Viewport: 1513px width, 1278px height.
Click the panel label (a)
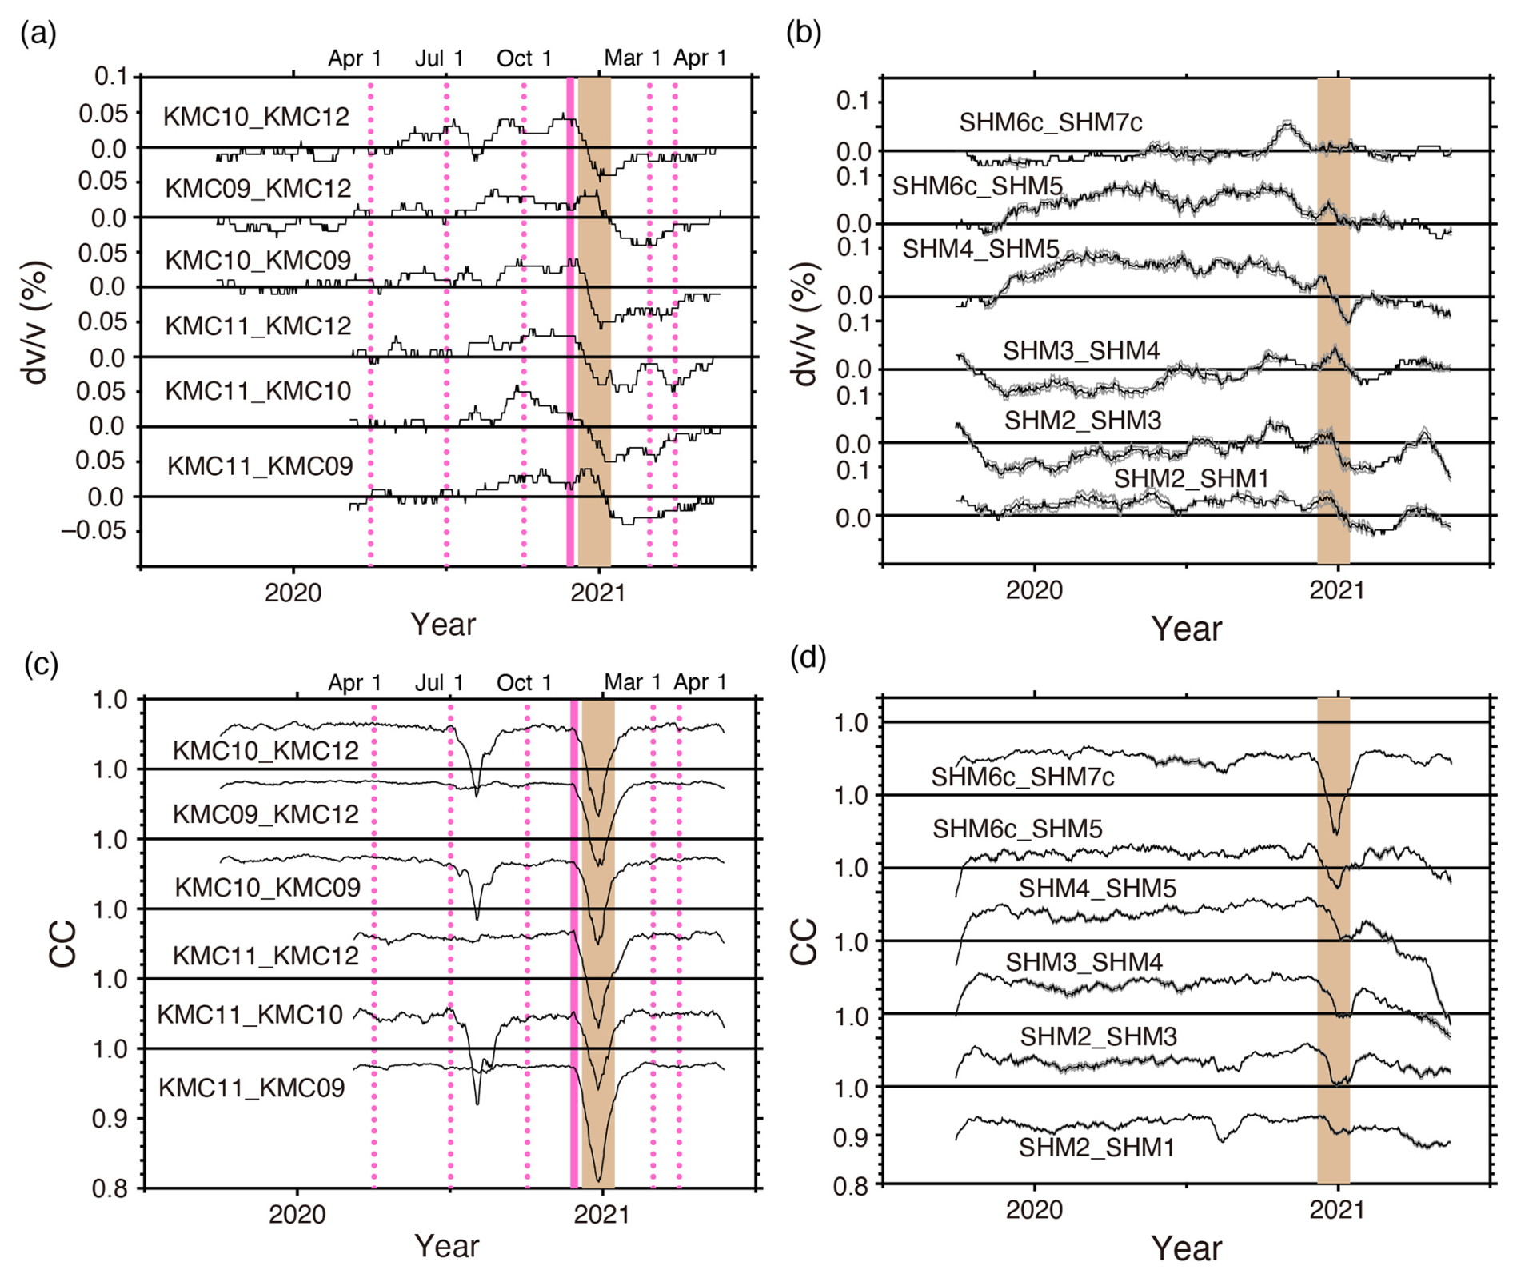[38, 34]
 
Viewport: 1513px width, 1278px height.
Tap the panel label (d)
[808, 657]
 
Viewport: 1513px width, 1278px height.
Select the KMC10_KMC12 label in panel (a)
[256, 117]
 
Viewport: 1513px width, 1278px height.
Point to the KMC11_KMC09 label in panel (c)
[251, 1088]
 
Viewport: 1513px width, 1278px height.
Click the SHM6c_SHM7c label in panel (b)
[1050, 122]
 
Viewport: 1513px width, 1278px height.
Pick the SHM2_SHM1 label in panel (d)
[1096, 1148]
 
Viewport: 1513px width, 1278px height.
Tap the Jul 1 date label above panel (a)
[439, 58]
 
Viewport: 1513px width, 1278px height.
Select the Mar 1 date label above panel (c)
[633, 682]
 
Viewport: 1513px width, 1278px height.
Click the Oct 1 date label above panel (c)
[524, 683]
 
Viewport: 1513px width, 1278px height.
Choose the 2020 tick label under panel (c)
[297, 1214]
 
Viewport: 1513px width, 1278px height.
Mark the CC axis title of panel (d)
[804, 941]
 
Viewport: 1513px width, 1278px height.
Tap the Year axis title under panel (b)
[1186, 629]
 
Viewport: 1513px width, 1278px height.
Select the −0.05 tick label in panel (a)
[94, 531]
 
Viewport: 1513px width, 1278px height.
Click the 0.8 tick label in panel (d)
[852, 1186]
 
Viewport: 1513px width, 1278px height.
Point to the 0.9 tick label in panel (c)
[109, 1119]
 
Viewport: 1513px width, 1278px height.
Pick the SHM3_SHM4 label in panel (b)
[1081, 350]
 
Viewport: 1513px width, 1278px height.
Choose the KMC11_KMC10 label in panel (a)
[257, 391]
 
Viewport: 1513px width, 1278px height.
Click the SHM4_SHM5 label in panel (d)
[1096, 889]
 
